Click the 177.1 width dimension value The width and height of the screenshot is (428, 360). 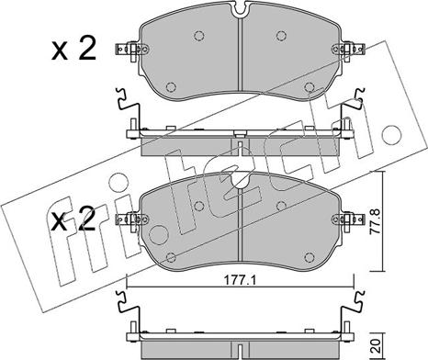(240, 280)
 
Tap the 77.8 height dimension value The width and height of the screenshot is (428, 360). (375, 221)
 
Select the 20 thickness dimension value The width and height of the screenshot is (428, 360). (376, 345)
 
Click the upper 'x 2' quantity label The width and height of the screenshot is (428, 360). (73, 48)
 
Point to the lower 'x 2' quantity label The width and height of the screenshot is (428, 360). (73, 219)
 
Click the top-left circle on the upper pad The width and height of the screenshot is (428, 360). (199, 36)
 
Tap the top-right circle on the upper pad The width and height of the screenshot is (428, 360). (281, 36)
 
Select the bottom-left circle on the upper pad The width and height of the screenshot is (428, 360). (171, 87)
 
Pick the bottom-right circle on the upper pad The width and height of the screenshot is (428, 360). (310, 87)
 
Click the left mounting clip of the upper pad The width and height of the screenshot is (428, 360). (131, 50)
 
